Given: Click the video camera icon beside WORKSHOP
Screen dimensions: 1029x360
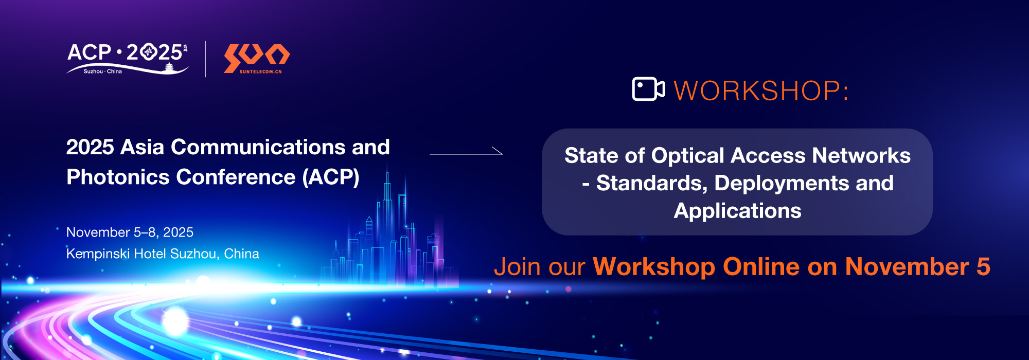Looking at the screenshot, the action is pyautogui.click(x=648, y=89).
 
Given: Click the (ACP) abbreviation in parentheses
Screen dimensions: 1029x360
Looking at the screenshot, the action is pyautogui.click(x=331, y=177).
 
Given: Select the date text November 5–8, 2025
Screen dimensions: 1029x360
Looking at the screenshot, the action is pyautogui.click(x=130, y=232).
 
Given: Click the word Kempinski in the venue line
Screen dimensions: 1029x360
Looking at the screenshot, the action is pyautogui.click(x=98, y=254).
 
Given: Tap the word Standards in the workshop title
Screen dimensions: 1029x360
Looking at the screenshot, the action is pyautogui.click(x=652, y=184).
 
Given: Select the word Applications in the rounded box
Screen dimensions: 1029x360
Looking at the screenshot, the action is pyautogui.click(x=737, y=211).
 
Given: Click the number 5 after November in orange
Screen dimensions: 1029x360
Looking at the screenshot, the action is pyautogui.click(x=983, y=267).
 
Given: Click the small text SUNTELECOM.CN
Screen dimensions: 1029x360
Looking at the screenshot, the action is pyautogui.click(x=260, y=72).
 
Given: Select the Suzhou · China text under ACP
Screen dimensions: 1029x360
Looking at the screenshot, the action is pyautogui.click(x=103, y=71).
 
